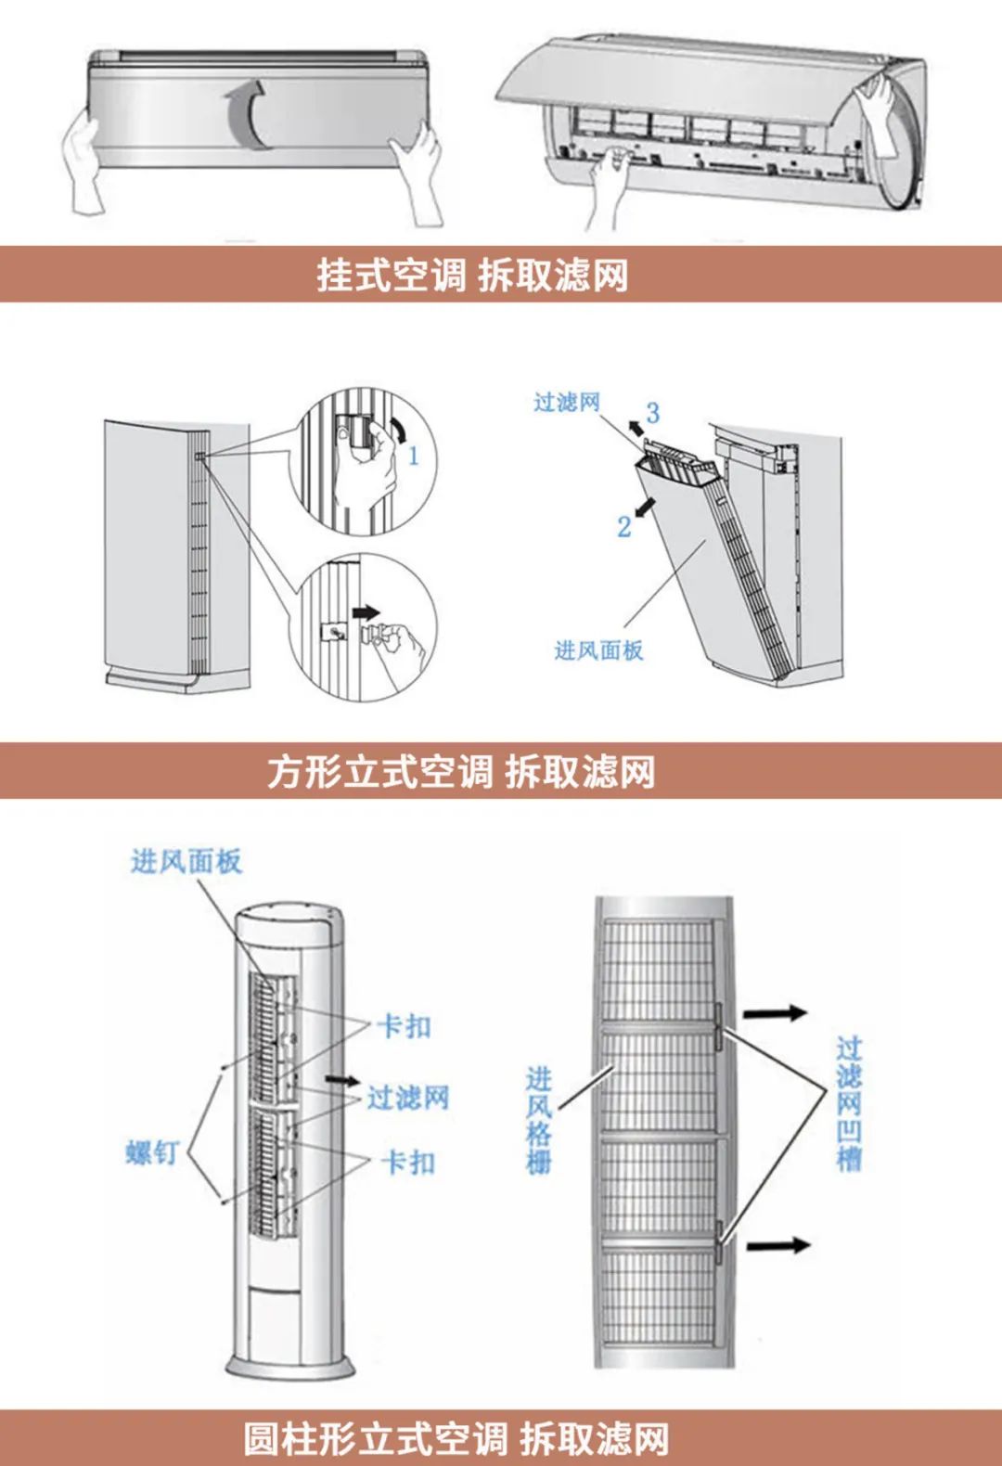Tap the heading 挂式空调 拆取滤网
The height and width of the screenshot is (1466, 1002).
coord(472,276)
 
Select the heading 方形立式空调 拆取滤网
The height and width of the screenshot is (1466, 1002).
coord(461,772)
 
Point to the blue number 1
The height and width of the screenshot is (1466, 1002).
coord(414,456)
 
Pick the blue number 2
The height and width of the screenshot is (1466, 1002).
coord(624,527)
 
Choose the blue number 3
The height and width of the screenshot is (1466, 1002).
coord(653,413)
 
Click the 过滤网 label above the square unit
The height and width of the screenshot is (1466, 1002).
coord(567,402)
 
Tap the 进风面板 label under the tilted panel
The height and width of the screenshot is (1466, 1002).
coord(598,650)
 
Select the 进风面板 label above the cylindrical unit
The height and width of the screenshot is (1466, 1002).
coord(186,861)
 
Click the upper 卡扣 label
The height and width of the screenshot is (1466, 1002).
coord(405,1026)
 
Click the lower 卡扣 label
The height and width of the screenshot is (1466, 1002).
coord(408,1162)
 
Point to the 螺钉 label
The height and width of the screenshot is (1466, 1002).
coord(152,1153)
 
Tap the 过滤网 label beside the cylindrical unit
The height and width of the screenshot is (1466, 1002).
coord(408,1099)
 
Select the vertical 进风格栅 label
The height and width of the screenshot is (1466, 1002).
coord(539,1120)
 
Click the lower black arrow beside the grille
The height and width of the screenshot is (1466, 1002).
coord(777,1244)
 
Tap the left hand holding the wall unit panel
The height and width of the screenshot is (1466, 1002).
coord(84,162)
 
